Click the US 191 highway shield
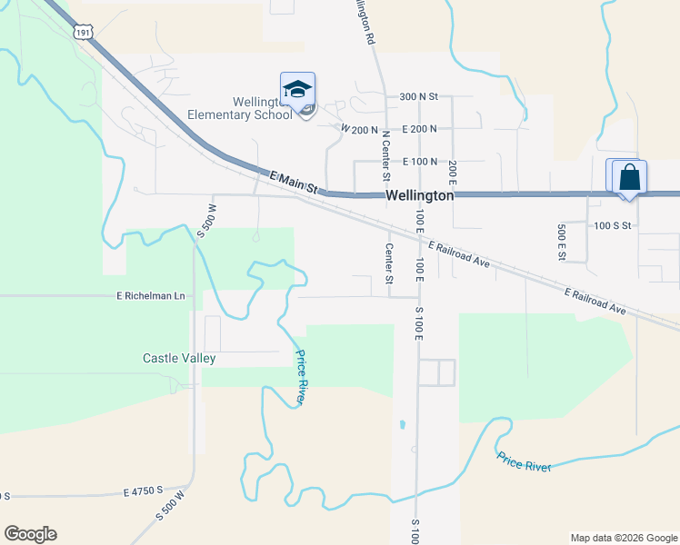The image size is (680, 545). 84,32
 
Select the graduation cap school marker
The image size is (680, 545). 297,89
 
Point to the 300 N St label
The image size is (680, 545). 418,95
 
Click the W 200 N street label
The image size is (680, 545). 359,130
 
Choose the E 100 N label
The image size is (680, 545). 418,161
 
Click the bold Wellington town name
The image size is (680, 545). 419,195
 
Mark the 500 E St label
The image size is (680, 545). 561,243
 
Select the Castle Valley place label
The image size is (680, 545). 179,358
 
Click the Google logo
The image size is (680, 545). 30,534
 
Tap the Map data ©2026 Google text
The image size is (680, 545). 624,538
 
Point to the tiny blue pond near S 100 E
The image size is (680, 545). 401,423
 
